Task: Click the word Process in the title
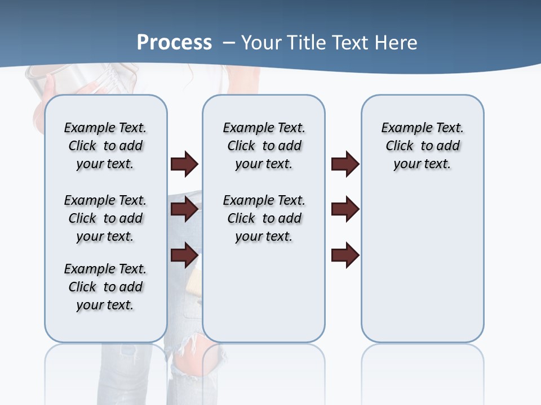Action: pos(174,42)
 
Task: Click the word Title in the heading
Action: pos(309,43)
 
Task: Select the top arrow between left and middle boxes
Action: pos(184,164)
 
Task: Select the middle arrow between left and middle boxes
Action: pos(184,210)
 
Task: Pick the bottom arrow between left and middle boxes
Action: pos(184,255)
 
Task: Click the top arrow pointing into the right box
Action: pos(345,164)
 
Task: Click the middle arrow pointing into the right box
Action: pos(345,210)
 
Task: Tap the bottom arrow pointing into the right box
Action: pos(345,255)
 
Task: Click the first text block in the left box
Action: pos(105,146)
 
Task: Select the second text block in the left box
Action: pos(105,218)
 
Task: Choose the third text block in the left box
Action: pos(105,287)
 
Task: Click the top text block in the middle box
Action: pos(264,146)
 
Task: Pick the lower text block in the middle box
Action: pos(264,218)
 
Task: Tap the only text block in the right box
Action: pos(422,146)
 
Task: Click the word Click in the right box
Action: pos(400,146)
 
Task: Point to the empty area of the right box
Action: pos(422,259)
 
